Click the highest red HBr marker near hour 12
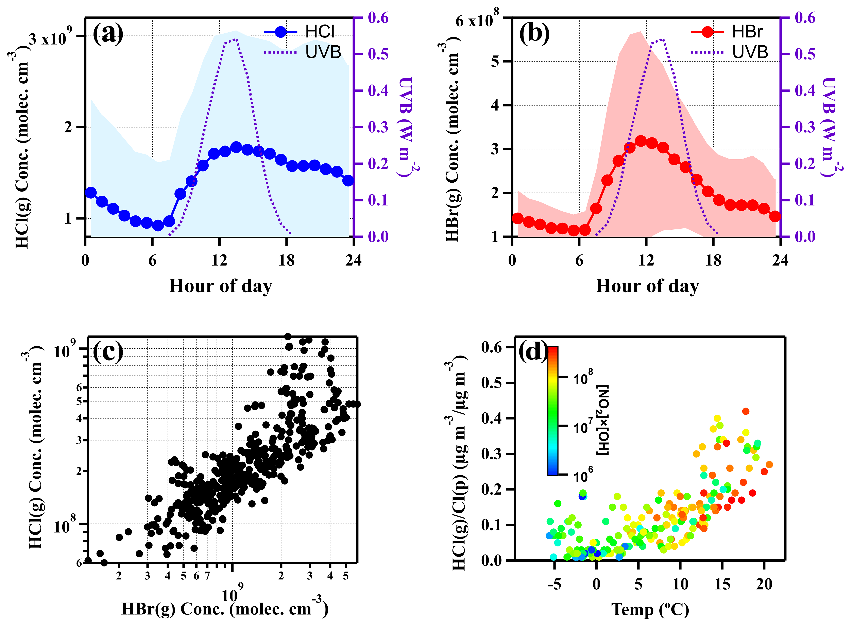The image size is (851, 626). (641, 141)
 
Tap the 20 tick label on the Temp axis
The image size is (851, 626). (764, 584)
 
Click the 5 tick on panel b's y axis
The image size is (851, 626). (495, 61)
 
